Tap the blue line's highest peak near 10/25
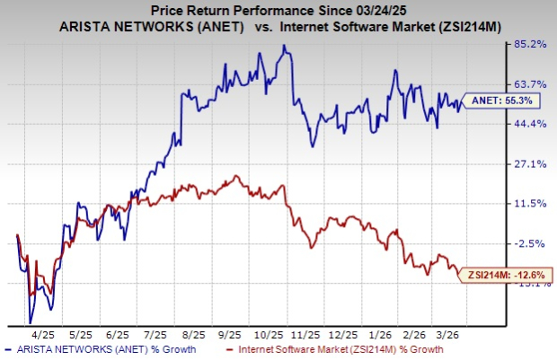click(284, 46)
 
